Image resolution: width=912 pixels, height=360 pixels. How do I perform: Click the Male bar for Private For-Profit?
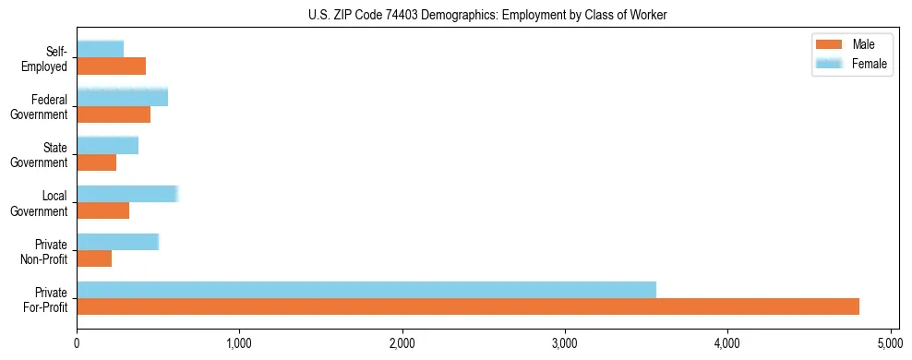(468, 306)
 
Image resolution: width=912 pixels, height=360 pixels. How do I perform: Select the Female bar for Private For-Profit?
(366, 290)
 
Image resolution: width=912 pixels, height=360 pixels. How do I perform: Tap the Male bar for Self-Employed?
(111, 66)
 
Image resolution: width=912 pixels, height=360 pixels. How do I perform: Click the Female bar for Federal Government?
(122, 98)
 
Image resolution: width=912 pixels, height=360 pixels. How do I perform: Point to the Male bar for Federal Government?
(114, 114)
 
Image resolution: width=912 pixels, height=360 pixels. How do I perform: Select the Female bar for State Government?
(107, 146)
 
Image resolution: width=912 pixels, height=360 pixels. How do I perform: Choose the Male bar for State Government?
(96, 162)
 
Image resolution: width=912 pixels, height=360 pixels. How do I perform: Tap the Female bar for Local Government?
(126, 194)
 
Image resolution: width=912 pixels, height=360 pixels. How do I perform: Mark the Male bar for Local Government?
(102, 210)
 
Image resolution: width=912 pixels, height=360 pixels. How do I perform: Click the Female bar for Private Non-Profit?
(117, 242)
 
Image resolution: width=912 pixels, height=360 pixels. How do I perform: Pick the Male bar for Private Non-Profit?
(94, 258)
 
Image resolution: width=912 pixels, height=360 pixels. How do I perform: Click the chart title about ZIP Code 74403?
(487, 15)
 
